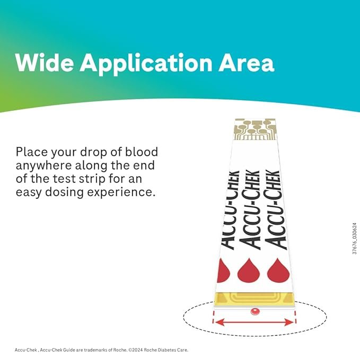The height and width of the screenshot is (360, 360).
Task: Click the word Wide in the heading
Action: [x=45, y=63]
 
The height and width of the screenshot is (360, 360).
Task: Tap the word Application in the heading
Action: [x=146, y=65]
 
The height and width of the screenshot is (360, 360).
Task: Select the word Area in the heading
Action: [x=246, y=63]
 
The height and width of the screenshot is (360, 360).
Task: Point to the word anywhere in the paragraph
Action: [x=43, y=166]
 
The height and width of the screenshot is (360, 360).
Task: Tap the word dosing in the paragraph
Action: [x=64, y=192]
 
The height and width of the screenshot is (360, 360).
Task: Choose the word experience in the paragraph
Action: [x=120, y=192]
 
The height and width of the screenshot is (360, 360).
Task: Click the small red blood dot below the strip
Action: [x=254, y=311]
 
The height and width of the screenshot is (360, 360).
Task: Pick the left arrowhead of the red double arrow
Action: [x=217, y=322]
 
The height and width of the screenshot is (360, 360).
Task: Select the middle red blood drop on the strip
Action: [x=249, y=270]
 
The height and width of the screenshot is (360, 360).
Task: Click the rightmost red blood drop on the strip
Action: [x=278, y=270]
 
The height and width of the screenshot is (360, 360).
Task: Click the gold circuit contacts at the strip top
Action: [x=256, y=129]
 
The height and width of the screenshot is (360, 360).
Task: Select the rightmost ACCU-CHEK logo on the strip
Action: [x=276, y=209]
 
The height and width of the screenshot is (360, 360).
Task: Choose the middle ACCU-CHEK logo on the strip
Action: [x=250, y=209]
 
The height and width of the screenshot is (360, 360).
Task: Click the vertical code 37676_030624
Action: [x=355, y=238]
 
